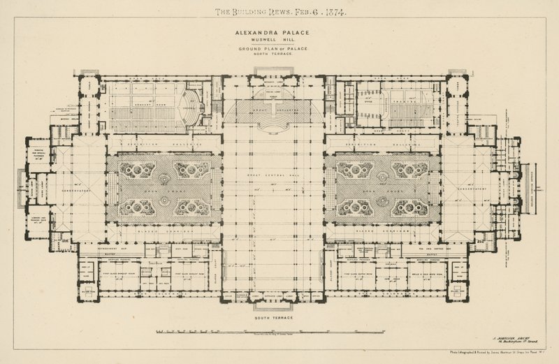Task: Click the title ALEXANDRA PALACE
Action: click(279, 32)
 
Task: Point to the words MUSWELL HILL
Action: click(279, 41)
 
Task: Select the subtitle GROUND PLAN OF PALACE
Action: click(279, 48)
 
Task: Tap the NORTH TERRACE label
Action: click(279, 54)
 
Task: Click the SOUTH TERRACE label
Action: click(279, 318)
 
